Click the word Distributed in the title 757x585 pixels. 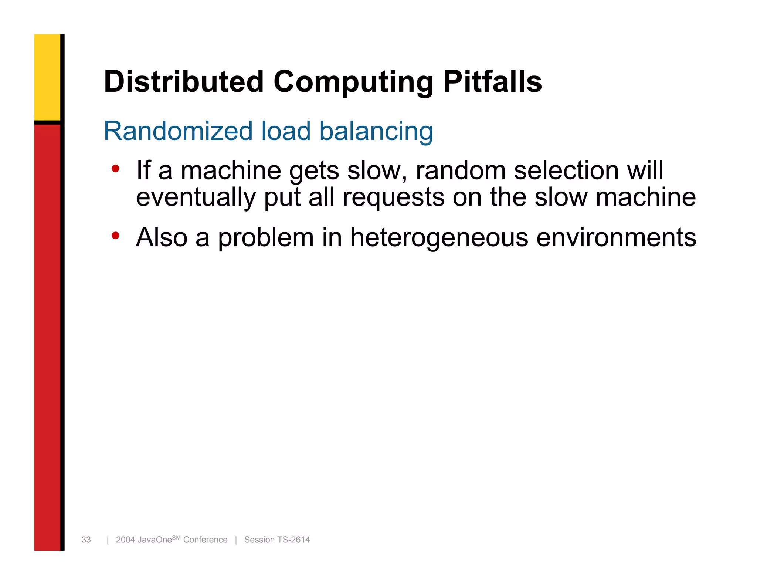point(184,82)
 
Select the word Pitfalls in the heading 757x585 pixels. point(492,82)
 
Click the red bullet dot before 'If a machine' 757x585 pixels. point(116,169)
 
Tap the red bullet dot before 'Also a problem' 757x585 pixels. point(116,236)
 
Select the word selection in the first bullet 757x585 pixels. point(566,170)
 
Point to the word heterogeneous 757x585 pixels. point(439,237)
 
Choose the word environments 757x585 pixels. point(616,237)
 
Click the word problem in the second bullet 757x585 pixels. point(266,238)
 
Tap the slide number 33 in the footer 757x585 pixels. point(86,540)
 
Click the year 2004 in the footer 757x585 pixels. point(125,540)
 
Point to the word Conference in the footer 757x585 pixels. point(205,540)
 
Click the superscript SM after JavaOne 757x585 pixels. point(176,537)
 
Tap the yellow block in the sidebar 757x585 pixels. point(47,77)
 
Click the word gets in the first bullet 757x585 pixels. point(314,171)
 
